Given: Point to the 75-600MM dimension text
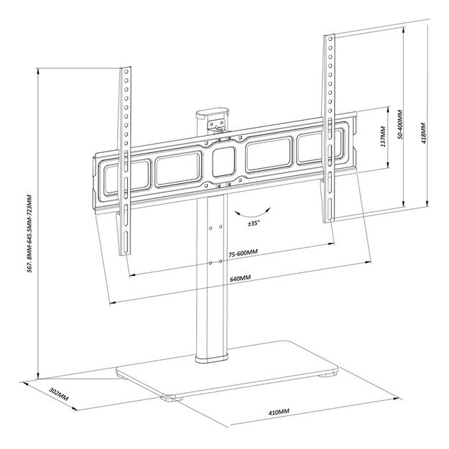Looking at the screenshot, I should pos(244,253).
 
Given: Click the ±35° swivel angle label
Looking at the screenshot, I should pos(254,223).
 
